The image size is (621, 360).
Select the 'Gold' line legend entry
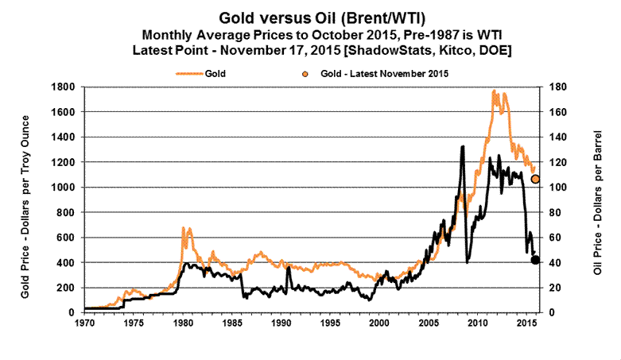click(204, 73)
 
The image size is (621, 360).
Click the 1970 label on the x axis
click(84, 324)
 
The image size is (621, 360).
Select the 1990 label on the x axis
click(281, 324)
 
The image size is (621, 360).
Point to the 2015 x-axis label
click(526, 324)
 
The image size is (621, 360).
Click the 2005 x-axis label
click(428, 324)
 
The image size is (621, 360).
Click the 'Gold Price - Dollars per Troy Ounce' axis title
click(25, 199)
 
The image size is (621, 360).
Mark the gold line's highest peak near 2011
click(495, 91)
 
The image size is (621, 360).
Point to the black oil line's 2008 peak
click(463, 146)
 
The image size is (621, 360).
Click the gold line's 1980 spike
click(184, 228)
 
